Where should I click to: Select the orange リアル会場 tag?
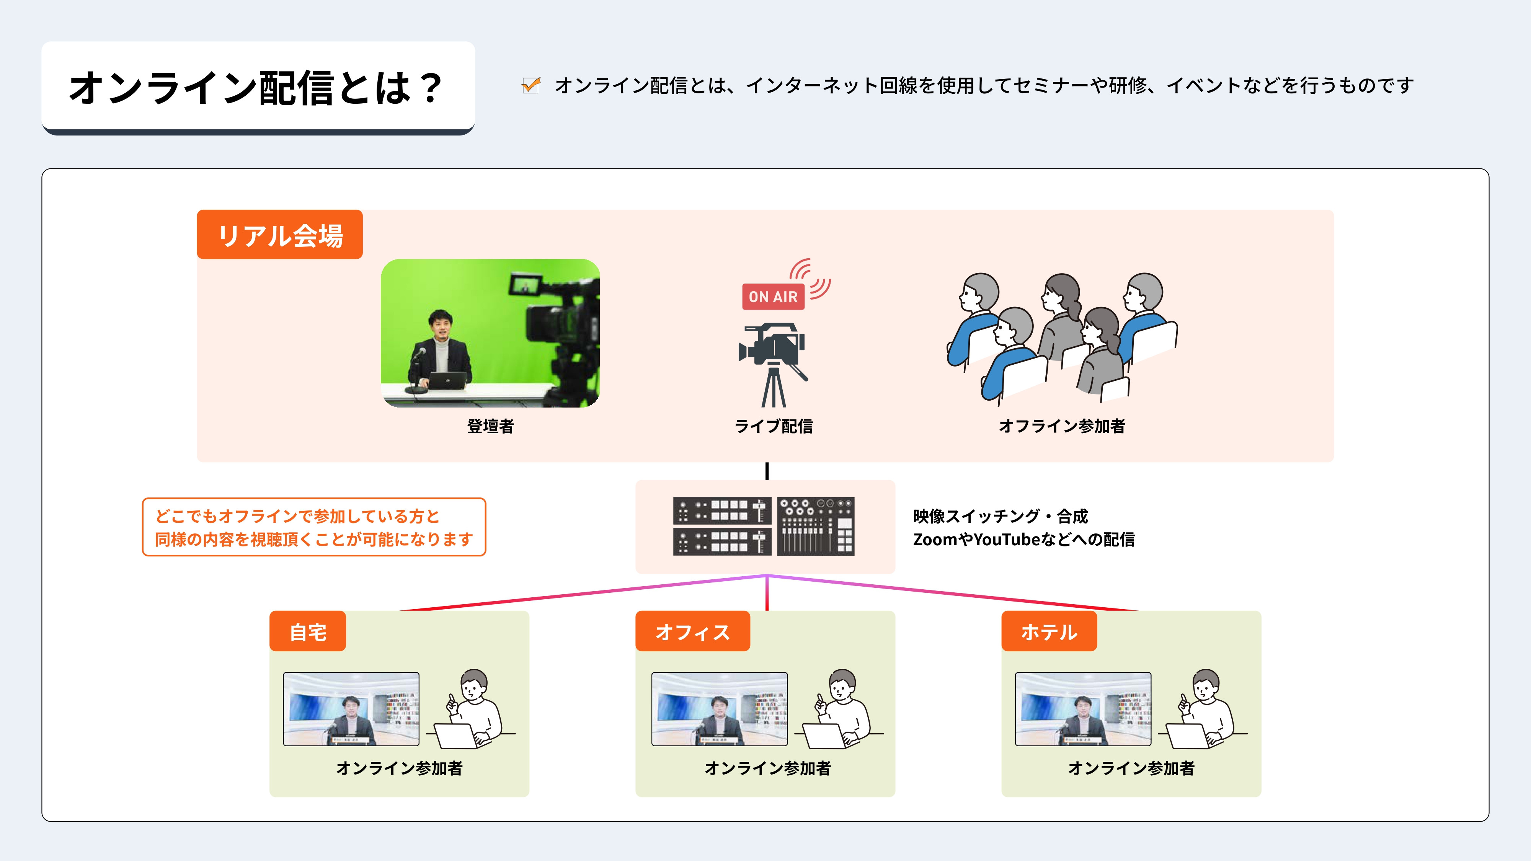pyautogui.click(x=280, y=235)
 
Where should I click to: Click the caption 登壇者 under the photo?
pyautogui.click(x=490, y=426)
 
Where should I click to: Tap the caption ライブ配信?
pyautogui.click(x=773, y=426)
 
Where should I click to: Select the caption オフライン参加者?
pyautogui.click(x=1061, y=426)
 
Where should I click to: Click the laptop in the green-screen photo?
pyautogui.click(x=447, y=380)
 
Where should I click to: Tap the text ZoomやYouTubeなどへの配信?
pyautogui.click(x=1023, y=540)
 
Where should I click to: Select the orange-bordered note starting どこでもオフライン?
pyautogui.click(x=314, y=527)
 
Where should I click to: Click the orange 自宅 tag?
pyautogui.click(x=307, y=632)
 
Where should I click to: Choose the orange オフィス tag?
pyautogui.click(x=692, y=632)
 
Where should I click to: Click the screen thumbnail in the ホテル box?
pyautogui.click(x=1083, y=709)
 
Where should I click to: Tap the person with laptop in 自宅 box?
pyautogui.click(x=472, y=710)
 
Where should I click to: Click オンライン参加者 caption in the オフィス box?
pyautogui.click(x=767, y=768)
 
